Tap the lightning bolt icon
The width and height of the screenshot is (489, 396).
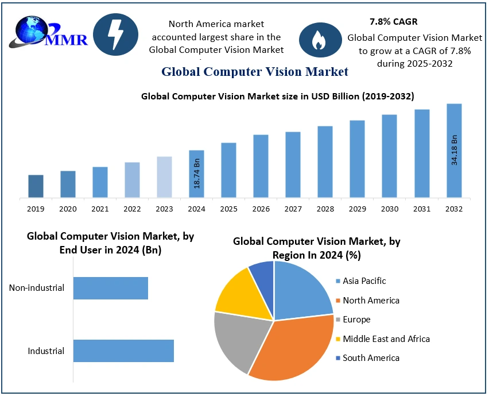(115, 34)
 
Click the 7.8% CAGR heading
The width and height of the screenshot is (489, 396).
(393, 22)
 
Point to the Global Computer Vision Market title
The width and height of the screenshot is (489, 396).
(255, 72)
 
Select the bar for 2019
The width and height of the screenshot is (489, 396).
(36, 186)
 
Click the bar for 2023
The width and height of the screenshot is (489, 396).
(164, 177)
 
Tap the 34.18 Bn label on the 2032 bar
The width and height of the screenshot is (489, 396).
(455, 150)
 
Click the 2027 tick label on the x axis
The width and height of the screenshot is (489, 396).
(293, 209)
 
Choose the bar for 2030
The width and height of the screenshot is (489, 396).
(390, 156)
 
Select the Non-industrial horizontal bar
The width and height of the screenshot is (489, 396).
(111, 288)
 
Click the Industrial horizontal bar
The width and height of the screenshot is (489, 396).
(123, 351)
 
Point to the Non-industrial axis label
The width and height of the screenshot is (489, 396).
(37, 288)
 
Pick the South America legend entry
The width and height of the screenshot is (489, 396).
(370, 358)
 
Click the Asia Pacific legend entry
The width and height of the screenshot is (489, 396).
(364, 281)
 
